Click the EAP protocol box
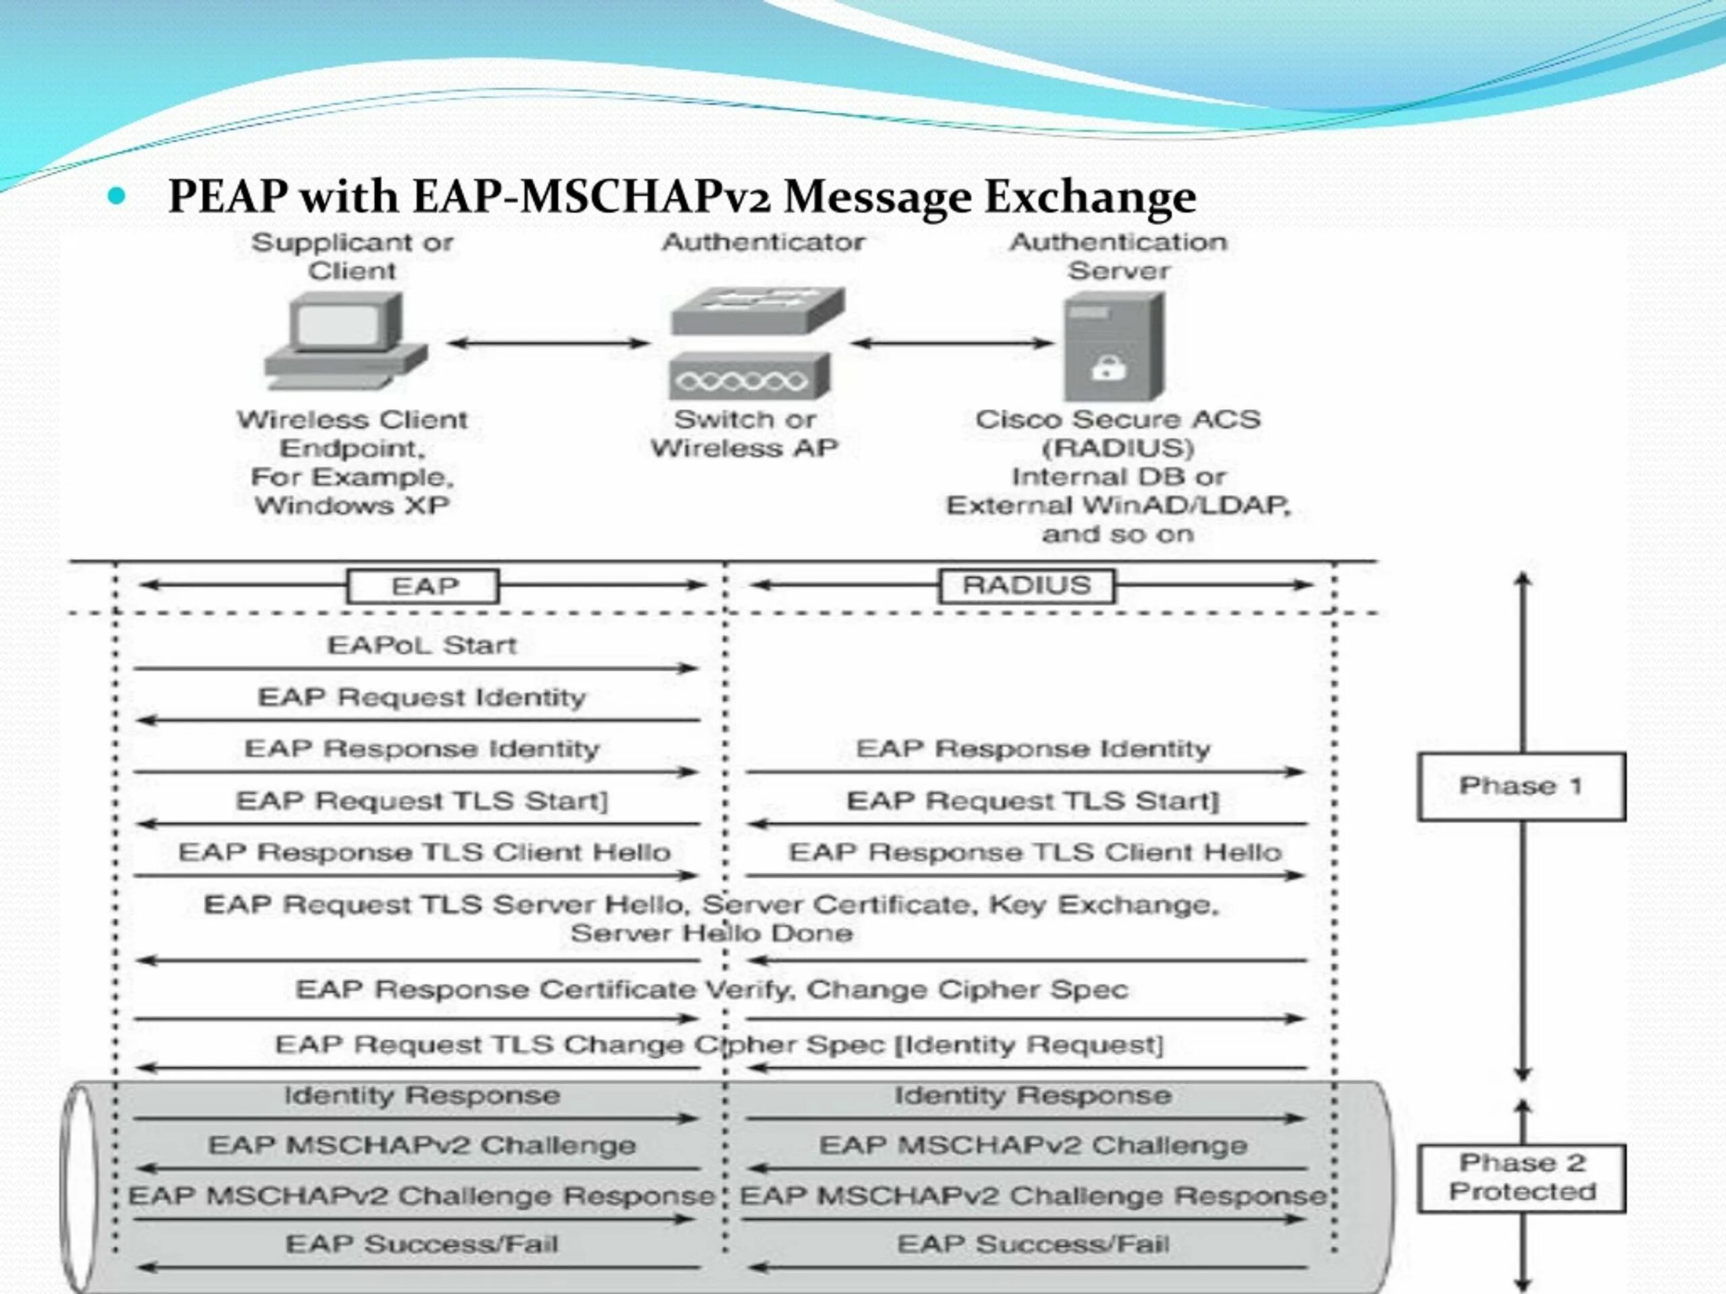pos(423,586)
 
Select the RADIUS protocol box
pos(1027,586)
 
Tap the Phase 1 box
pos(1521,787)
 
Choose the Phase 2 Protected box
pos(1521,1178)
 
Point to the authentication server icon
pos(1114,346)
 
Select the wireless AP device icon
pos(749,377)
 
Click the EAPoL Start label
pos(421,646)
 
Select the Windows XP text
pos(352,505)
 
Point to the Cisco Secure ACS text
pos(1117,420)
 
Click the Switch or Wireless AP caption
pos(744,433)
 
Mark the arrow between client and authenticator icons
pos(549,342)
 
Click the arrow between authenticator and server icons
pos(951,342)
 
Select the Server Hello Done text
pos(711,933)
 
